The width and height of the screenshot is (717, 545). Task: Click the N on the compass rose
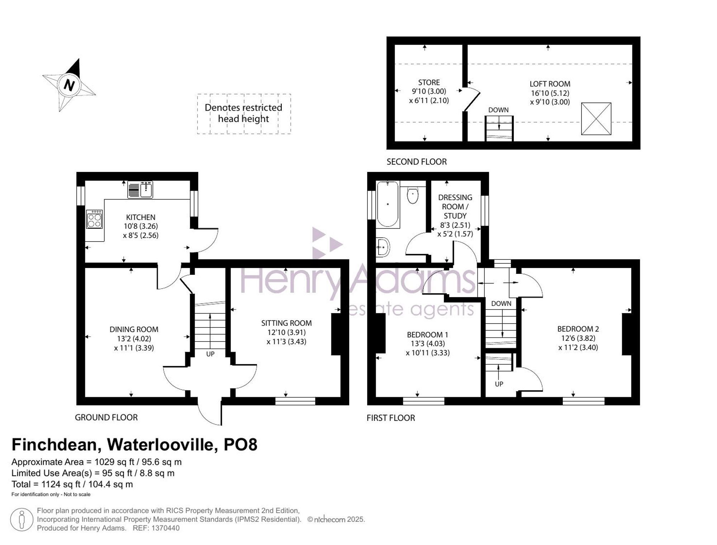[x=69, y=85]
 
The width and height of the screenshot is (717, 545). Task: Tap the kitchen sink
[x=140, y=190]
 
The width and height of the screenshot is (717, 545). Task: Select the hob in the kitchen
[x=95, y=219]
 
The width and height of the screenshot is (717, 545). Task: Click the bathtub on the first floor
[x=388, y=204]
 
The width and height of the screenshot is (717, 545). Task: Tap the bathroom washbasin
[x=383, y=247]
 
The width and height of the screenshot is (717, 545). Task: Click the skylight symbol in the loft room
[x=596, y=119]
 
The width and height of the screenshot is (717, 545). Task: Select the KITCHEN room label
[x=141, y=217]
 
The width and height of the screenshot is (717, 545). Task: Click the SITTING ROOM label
[x=286, y=323]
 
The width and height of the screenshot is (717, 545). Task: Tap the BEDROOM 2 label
[x=578, y=329]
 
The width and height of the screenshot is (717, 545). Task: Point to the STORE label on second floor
[x=429, y=82]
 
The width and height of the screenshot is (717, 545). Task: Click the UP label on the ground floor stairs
[x=210, y=354]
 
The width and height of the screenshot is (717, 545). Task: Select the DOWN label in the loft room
[x=498, y=110]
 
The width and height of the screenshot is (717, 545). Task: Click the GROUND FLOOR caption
[x=106, y=417]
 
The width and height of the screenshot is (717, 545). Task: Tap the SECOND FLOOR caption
[x=417, y=162]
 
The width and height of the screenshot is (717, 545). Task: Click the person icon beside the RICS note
[x=22, y=520]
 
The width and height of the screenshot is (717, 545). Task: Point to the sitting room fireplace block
[x=336, y=334]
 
